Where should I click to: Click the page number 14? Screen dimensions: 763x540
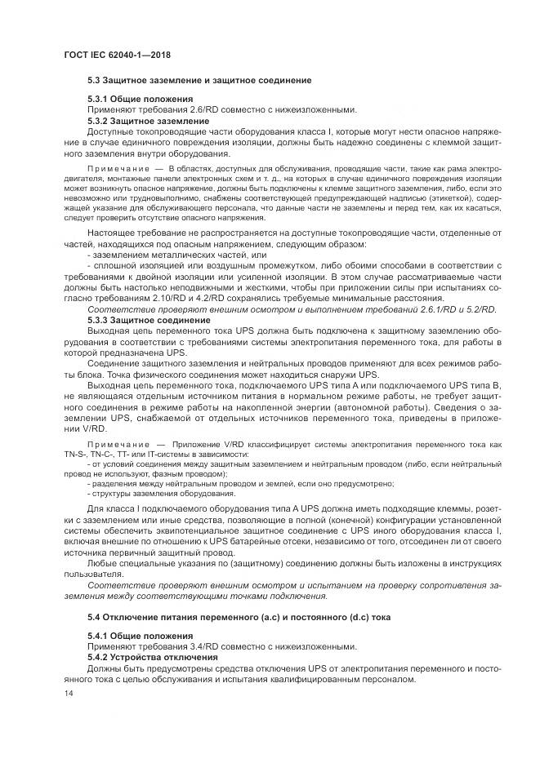[69, 693]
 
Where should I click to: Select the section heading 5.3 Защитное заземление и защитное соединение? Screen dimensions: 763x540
[199, 82]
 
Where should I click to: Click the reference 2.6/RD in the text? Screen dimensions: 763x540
[195, 110]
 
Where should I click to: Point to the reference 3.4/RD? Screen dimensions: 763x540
[195, 645]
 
